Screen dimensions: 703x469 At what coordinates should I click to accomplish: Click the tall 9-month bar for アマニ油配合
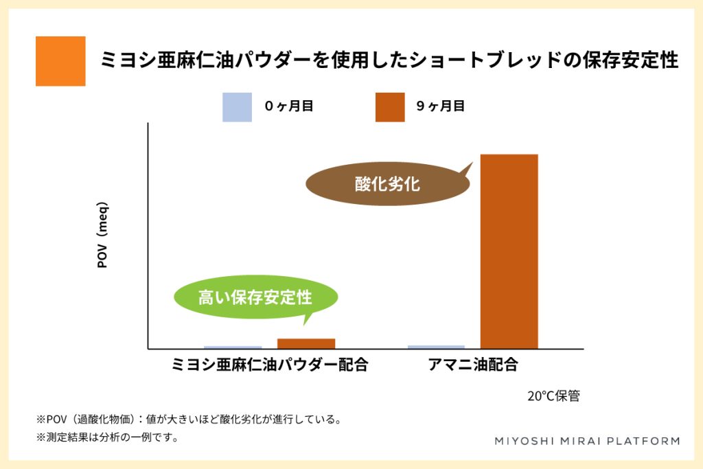click(509, 251)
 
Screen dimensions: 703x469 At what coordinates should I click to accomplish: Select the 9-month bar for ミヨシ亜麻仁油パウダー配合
click(306, 343)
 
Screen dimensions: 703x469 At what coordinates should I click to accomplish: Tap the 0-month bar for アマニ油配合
click(436, 347)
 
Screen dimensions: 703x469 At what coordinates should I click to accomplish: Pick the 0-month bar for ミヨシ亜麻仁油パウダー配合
click(233, 347)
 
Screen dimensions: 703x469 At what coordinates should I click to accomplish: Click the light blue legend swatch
click(237, 107)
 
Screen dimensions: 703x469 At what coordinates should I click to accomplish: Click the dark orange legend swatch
click(390, 107)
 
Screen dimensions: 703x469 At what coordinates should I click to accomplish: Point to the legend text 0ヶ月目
click(289, 106)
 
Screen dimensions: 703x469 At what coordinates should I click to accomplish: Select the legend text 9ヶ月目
click(440, 106)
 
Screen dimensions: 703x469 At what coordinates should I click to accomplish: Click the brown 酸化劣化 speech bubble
click(388, 184)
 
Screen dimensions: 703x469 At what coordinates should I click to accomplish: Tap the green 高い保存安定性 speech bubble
click(255, 297)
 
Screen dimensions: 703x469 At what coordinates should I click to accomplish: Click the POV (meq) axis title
click(102, 235)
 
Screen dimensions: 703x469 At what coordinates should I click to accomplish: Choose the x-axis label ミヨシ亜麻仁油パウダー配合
click(270, 365)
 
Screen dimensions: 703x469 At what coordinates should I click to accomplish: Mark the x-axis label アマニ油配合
click(473, 365)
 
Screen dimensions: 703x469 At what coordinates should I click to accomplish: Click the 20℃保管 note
click(554, 396)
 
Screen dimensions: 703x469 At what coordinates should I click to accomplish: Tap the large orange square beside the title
click(60, 61)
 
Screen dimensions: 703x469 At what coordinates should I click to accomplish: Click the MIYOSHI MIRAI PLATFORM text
click(588, 442)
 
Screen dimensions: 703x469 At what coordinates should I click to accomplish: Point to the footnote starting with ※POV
click(189, 420)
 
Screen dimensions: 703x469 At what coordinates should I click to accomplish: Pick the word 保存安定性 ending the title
click(630, 60)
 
